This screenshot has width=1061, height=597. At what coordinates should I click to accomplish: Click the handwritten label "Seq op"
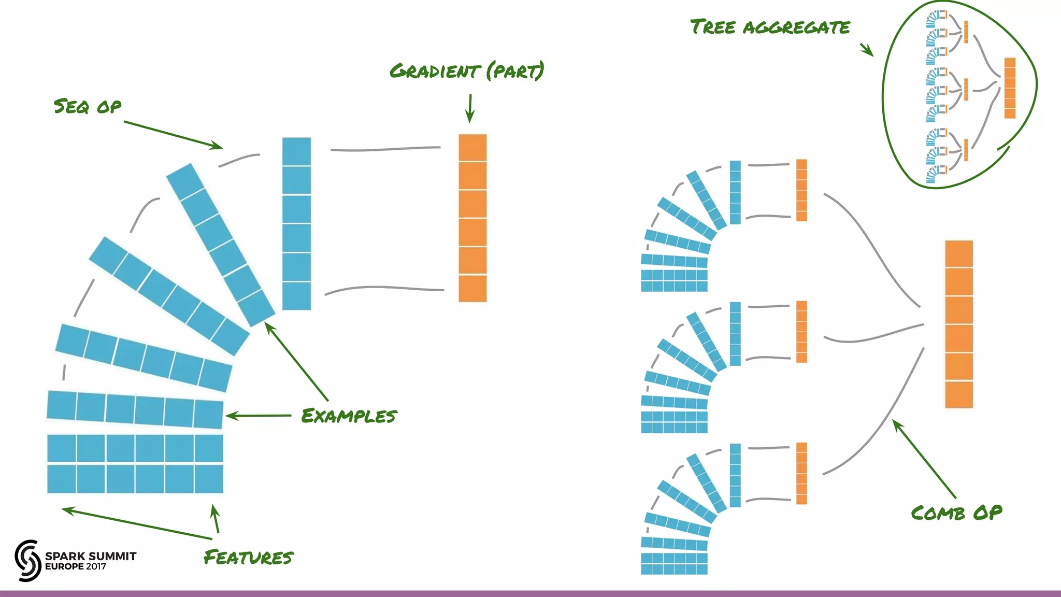[x=88, y=106]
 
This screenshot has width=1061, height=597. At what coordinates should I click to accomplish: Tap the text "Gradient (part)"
[x=467, y=71]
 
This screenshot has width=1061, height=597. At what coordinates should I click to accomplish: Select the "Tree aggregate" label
[x=770, y=27]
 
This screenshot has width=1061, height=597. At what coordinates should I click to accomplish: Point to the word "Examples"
[x=349, y=416]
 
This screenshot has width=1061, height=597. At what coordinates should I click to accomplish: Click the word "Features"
[x=249, y=558]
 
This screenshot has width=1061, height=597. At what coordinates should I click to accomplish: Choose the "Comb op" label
[x=956, y=513]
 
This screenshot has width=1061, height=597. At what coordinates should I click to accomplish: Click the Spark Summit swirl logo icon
[x=28, y=560]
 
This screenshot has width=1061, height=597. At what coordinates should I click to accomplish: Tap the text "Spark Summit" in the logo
[x=91, y=556]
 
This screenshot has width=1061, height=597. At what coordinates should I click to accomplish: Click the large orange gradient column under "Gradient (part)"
[x=472, y=218]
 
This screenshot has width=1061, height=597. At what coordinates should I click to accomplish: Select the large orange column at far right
[x=958, y=324]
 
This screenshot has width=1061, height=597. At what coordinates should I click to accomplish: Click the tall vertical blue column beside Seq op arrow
[x=296, y=223]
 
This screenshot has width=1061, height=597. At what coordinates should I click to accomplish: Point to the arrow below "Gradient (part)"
[x=470, y=108]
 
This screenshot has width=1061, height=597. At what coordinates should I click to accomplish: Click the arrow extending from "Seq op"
[x=173, y=135]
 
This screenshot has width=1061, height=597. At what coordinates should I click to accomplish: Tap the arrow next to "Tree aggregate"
[x=867, y=50]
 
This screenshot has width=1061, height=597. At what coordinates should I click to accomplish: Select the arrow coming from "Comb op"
[x=924, y=459]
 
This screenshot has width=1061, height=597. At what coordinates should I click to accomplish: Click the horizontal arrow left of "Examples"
[x=258, y=416]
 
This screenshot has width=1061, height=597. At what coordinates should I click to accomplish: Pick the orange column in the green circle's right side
[x=1010, y=88]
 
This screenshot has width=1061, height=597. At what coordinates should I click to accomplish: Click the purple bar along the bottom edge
[x=530, y=593]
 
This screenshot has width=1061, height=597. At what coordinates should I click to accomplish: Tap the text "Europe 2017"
[x=76, y=567]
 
